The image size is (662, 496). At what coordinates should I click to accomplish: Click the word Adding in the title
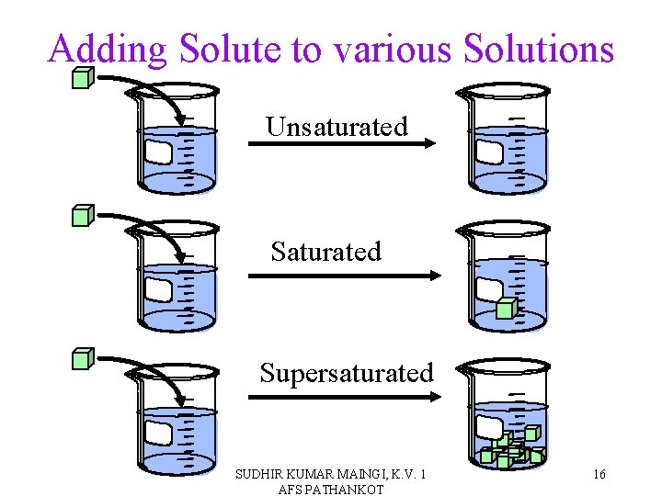pos(108,49)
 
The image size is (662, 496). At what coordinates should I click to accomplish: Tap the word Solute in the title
pos(230,49)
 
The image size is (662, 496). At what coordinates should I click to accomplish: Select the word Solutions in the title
pos(538,49)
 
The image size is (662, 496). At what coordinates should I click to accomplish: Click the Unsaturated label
pos(337,127)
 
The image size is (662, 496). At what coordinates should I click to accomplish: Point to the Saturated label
pos(325,252)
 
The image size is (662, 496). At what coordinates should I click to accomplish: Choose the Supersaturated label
pos(346,373)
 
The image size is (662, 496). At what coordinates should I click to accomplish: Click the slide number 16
pos(599,475)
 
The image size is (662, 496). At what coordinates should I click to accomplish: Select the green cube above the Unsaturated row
pos(83,77)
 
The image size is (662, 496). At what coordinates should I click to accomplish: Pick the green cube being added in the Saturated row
pos(83,216)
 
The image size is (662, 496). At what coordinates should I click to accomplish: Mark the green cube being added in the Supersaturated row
pos(83,357)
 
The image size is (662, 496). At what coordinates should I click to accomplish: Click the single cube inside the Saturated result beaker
pos(506,309)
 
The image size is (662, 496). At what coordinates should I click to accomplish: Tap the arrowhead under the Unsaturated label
pos(429,143)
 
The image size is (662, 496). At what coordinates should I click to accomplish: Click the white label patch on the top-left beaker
pos(159,152)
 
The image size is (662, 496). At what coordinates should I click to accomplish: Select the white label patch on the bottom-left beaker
pos(159,433)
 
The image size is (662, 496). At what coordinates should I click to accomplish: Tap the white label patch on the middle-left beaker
pos(159,290)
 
